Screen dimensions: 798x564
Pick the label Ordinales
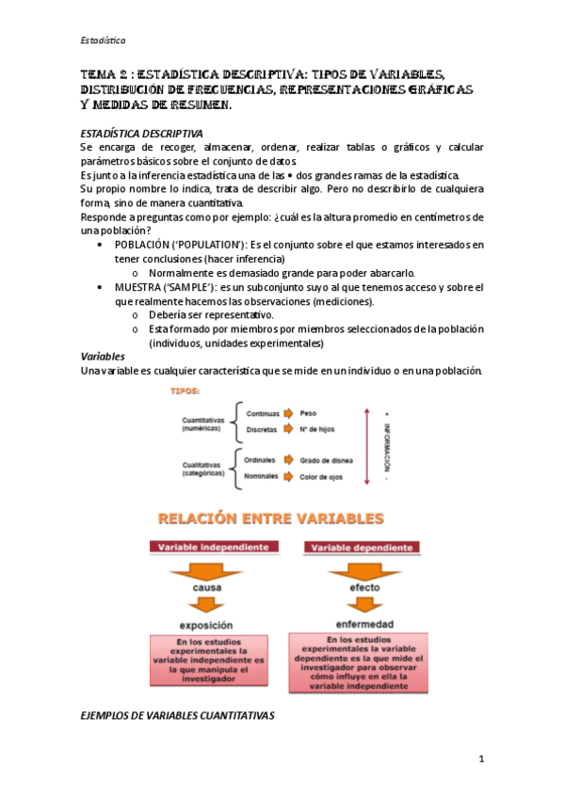tap(260, 460)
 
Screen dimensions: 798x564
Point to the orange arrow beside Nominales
tap(288, 477)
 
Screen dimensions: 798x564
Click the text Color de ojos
tap(321, 477)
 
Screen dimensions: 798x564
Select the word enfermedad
tap(350, 624)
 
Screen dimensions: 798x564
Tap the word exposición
tap(207, 625)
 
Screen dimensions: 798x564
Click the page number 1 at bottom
tap(480, 759)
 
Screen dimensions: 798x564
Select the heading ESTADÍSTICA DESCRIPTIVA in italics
tap(141, 134)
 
